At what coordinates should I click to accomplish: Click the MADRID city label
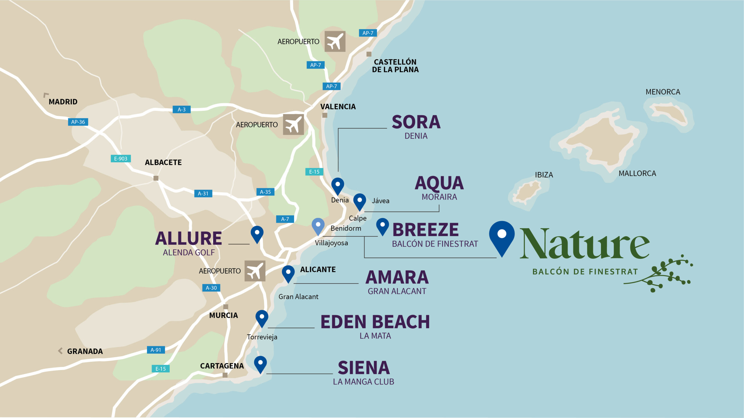coord(63,102)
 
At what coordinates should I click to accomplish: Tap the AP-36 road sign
coord(78,122)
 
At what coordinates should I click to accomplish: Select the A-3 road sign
coord(182,110)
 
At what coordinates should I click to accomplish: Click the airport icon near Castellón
coord(335,42)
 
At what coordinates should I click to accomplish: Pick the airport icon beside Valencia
coord(293,125)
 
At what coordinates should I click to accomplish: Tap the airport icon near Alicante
coord(255,271)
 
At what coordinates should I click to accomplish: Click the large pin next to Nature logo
coord(502,236)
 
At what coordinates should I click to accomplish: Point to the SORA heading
coord(416,122)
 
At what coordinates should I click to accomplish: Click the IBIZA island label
coord(544,175)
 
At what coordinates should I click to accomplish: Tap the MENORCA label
coord(663,92)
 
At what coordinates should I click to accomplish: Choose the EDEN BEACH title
coord(375,322)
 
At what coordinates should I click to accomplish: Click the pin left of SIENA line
coord(260,364)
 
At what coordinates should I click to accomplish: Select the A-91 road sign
coord(156,350)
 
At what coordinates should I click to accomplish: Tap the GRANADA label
coord(85,351)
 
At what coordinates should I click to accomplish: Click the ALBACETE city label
coord(163,162)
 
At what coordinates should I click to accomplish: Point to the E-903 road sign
coord(121,159)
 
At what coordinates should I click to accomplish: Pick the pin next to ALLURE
coord(257,233)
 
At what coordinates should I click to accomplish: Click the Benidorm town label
coord(346,228)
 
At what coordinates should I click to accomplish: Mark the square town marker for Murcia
coord(226,307)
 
